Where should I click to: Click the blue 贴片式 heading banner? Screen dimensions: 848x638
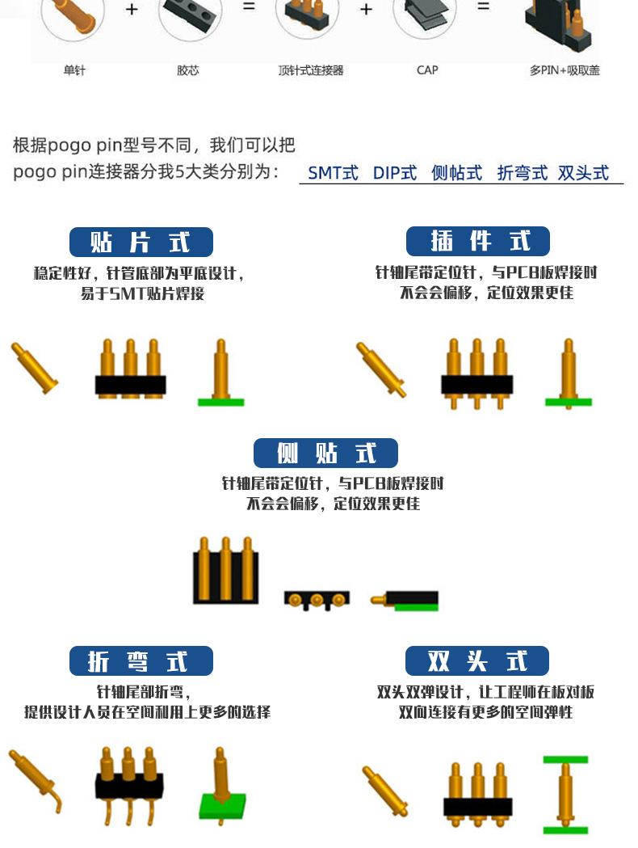[141, 243]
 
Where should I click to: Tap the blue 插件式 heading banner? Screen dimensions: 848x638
[477, 242]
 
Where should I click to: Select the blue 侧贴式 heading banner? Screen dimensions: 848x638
[325, 454]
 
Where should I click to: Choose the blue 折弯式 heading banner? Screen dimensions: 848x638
[141, 661]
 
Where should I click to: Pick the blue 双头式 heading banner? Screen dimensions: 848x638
[477, 661]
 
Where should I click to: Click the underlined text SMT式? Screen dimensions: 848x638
[333, 173]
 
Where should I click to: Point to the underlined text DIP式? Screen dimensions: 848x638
[395, 173]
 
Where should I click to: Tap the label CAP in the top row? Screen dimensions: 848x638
[427, 70]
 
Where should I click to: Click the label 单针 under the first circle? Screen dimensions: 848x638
[74, 70]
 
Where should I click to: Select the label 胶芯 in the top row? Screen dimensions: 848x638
[188, 70]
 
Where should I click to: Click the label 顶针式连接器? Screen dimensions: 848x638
[311, 70]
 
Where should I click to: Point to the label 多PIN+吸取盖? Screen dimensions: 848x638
[565, 70]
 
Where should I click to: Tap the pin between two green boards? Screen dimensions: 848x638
[565, 795]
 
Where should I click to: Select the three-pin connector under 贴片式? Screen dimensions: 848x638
[131, 368]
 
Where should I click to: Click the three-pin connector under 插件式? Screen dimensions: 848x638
[476, 373]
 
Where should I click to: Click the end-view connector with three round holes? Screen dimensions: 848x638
[317, 600]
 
